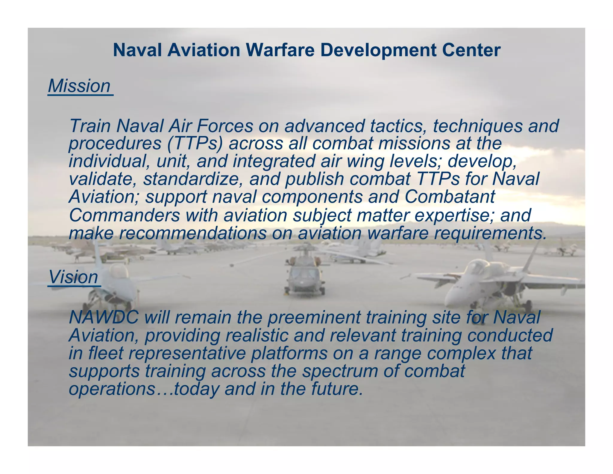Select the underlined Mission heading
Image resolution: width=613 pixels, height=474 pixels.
[79, 86]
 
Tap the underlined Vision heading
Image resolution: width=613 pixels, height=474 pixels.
[74, 277]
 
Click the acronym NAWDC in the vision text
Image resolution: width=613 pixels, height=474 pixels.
[104, 317]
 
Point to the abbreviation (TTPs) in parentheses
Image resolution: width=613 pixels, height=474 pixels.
[195, 143]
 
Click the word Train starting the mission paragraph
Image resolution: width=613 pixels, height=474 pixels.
[90, 126]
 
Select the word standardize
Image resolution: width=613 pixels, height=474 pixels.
[193, 179]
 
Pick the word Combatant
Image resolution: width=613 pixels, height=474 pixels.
[450, 197]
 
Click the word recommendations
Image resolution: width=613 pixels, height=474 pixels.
[193, 233]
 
